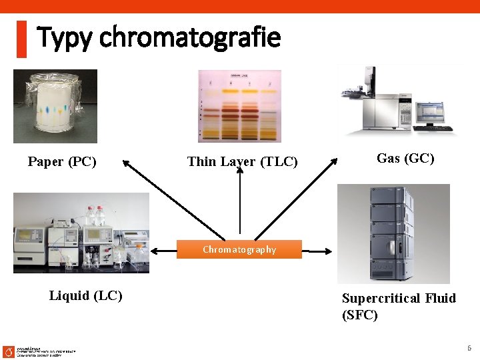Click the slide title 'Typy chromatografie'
click(159, 37)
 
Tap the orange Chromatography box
click(239, 249)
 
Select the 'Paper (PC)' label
click(62, 161)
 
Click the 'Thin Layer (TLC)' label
click(243, 161)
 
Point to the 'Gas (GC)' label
click(405, 158)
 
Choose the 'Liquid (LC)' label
click(85, 295)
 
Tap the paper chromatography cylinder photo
click(55, 106)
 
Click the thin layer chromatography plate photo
click(239, 105)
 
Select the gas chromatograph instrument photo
click(397, 100)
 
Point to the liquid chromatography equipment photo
click(81, 233)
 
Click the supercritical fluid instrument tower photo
click(393, 233)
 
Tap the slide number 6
click(469, 348)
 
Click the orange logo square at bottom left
click(8, 351)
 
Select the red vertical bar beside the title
click(21, 39)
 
